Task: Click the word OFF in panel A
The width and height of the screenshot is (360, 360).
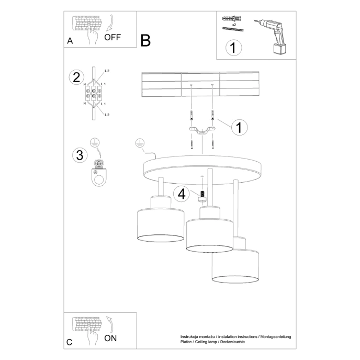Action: [x=113, y=37]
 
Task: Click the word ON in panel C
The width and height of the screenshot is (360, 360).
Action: [x=110, y=338]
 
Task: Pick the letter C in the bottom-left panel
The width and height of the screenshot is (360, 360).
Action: [x=70, y=342]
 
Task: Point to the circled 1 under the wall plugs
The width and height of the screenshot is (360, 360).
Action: [x=234, y=48]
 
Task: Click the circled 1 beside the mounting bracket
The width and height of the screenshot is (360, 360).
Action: [x=239, y=127]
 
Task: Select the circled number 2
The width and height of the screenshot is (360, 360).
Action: [x=76, y=77]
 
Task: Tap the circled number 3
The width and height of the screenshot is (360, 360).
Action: [x=79, y=155]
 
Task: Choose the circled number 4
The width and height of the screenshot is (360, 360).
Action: [x=182, y=194]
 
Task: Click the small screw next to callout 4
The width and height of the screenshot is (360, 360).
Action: [x=202, y=195]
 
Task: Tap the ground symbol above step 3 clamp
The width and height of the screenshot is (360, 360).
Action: [x=94, y=142]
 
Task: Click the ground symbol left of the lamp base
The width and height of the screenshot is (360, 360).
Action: [x=139, y=142]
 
